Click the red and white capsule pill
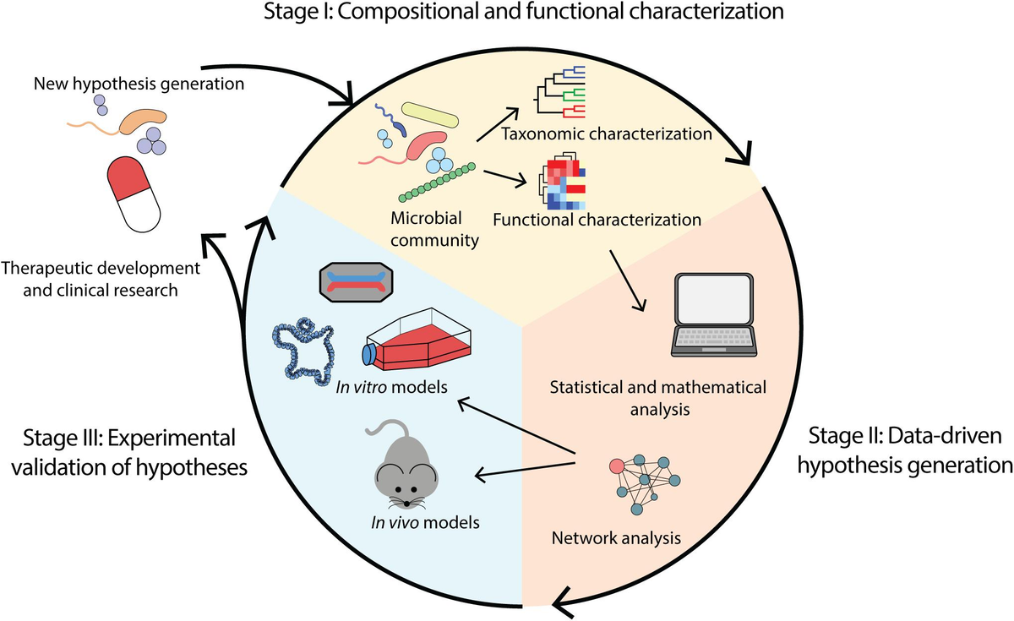tap(134, 194)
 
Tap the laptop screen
tap(714, 300)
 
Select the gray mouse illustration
tap(404, 470)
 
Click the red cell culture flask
tap(417, 340)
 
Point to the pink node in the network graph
tap(617, 466)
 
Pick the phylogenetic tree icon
tap(559, 92)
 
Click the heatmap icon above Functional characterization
tap(562, 182)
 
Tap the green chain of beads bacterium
tap(437, 182)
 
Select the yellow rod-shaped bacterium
tap(429, 115)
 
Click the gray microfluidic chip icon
tap(357, 282)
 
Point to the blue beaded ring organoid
tap(303, 351)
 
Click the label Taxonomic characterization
tap(607, 134)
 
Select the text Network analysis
tap(616, 538)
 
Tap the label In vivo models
tap(425, 522)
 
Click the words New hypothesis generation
tap(139, 84)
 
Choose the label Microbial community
tap(434, 229)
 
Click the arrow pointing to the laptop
tap(627, 281)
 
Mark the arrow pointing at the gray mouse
tap(524, 470)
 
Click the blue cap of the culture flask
tap(368, 354)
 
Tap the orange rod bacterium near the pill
tap(143, 121)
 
